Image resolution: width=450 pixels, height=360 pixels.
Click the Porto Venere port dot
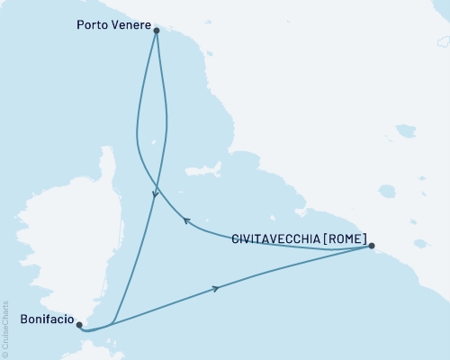[x=157, y=31]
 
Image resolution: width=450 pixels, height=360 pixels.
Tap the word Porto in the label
[x=91, y=27]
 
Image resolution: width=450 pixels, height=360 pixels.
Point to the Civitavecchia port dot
[x=372, y=246]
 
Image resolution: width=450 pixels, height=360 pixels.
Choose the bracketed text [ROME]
[x=345, y=239]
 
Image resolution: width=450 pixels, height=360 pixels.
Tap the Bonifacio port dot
[x=79, y=325]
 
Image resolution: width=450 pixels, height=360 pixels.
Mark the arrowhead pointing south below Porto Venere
[x=155, y=193]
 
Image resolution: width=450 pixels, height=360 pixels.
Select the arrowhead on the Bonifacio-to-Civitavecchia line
[x=215, y=288]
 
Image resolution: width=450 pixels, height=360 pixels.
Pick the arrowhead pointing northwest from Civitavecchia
[x=185, y=219]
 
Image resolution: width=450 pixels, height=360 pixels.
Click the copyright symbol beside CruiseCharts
[x=5, y=354]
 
